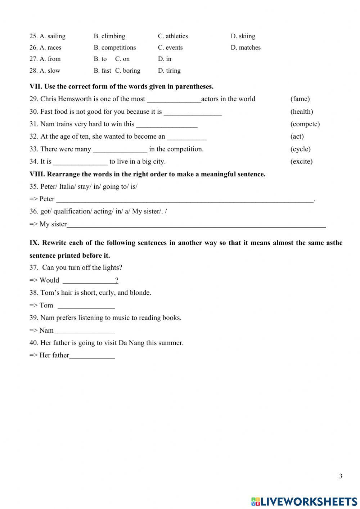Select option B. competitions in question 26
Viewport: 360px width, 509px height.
[114, 48]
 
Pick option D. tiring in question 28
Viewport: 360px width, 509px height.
[169, 71]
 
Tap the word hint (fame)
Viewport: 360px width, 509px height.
[300, 99]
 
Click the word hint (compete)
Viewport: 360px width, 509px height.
[305, 124]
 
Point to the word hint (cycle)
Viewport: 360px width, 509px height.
[300, 149]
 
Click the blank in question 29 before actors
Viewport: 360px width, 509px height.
[174, 100]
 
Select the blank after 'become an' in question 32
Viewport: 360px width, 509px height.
[187, 137]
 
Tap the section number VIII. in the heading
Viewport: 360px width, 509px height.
[37, 174]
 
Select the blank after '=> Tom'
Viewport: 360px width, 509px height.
[86, 306]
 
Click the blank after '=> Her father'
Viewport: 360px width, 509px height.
[92, 356]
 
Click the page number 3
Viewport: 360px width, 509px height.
[341, 476]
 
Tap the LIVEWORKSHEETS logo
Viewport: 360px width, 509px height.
[304, 501]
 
